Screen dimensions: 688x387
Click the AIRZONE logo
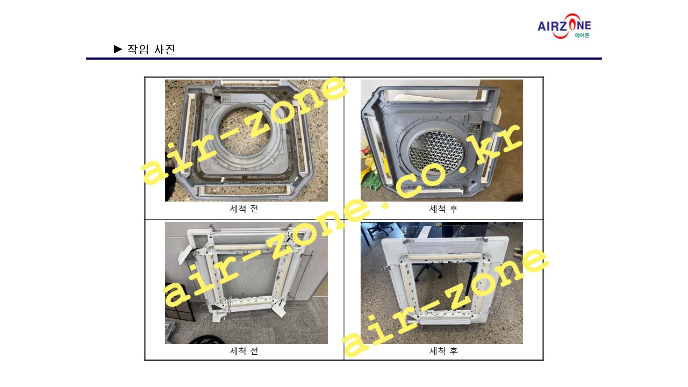pyautogui.click(x=564, y=26)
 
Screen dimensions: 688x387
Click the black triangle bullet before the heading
pyautogui.click(x=118, y=49)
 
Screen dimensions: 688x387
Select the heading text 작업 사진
pyautogui.click(x=151, y=49)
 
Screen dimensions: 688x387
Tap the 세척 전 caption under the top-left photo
pyautogui.click(x=244, y=209)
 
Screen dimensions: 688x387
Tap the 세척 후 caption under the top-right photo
pyautogui.click(x=443, y=209)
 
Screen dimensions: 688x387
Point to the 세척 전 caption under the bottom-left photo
pyautogui.click(x=244, y=351)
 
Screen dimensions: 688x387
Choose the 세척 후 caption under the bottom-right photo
pyautogui.click(x=443, y=351)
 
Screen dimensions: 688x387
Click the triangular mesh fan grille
pyautogui.click(x=436, y=152)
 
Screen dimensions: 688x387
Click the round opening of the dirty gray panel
pyautogui.click(x=244, y=131)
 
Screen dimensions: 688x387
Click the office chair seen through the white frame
pyautogui.click(x=428, y=272)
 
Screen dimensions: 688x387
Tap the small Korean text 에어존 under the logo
pyautogui.click(x=582, y=35)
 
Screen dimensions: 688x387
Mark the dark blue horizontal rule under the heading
pyautogui.click(x=343, y=59)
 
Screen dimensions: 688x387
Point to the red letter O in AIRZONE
pyautogui.click(x=571, y=25)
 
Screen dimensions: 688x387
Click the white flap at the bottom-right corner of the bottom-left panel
pyautogui.click(x=279, y=309)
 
